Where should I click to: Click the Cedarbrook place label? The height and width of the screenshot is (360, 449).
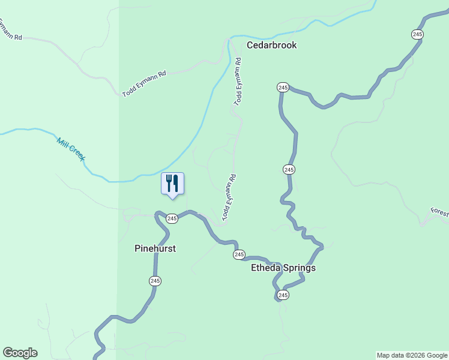(271, 45)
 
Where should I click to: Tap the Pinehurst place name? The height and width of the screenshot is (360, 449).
(155, 248)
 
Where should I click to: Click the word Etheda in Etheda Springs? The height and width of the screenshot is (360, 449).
(266, 268)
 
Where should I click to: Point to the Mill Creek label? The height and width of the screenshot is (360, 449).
(71, 150)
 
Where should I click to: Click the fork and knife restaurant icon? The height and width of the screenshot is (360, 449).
(172, 182)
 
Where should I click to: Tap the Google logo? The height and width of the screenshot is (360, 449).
(20, 353)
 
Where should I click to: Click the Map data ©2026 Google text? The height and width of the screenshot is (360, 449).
(412, 355)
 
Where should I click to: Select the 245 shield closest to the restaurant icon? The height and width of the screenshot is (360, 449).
(172, 219)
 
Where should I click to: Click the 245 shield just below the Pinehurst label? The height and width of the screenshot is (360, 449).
(155, 281)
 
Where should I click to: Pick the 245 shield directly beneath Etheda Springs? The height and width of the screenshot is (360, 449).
(283, 295)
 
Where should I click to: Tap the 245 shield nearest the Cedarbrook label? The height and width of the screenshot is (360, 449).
(283, 88)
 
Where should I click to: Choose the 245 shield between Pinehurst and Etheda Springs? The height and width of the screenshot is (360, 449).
(239, 255)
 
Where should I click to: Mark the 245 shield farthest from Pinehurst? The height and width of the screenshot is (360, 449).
(417, 34)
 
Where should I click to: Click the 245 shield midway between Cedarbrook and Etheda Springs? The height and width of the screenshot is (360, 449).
(289, 170)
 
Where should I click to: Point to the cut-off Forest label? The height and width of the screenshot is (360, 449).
(439, 214)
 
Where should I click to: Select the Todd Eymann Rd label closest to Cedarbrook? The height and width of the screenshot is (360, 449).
(238, 82)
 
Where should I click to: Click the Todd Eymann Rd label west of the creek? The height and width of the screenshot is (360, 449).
(144, 83)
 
